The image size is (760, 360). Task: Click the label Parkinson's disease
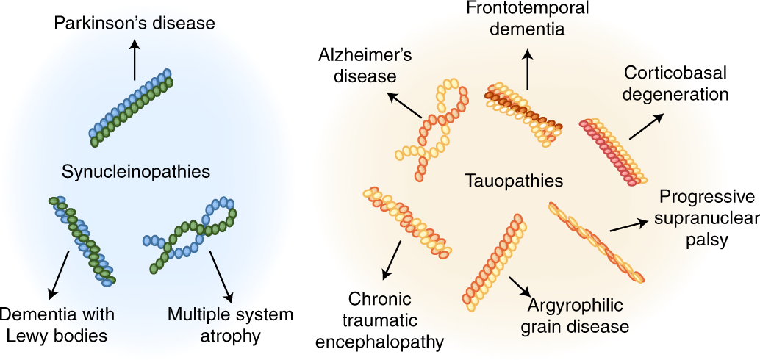[135, 24]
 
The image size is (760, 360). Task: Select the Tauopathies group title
[503, 180]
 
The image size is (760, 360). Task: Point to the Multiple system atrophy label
[230, 325]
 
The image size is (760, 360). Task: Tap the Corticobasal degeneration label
[675, 84]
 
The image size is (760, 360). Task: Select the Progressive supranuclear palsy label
[706, 219]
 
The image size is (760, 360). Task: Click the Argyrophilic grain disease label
[576, 315]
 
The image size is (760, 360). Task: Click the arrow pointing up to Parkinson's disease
[134, 60]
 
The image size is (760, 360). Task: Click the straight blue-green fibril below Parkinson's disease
[132, 106]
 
